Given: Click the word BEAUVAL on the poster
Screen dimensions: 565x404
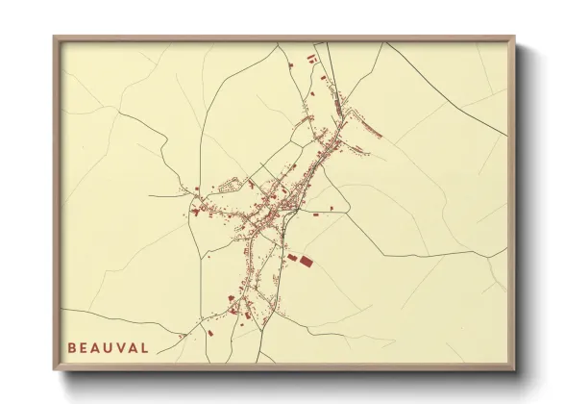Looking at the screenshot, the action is [x=109, y=347].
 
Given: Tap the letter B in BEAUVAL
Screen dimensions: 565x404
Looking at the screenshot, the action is [x=72, y=347].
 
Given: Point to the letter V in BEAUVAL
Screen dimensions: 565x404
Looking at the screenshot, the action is [x=121, y=347].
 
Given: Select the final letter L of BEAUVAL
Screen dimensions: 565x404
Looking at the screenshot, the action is [x=145, y=347].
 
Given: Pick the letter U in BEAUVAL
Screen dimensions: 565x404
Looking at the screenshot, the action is [x=109, y=347].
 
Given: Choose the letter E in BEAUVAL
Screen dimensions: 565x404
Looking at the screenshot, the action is [x=84, y=347].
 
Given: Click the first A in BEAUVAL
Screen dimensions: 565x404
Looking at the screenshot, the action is [x=96, y=347].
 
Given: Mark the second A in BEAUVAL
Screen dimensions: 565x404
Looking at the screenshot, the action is [x=134, y=347].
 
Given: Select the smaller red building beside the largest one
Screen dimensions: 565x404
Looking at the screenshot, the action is [x=292, y=256].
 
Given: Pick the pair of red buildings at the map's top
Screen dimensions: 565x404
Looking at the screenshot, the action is [x=313, y=61].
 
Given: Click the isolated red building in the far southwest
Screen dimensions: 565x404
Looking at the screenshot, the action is [x=209, y=333].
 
